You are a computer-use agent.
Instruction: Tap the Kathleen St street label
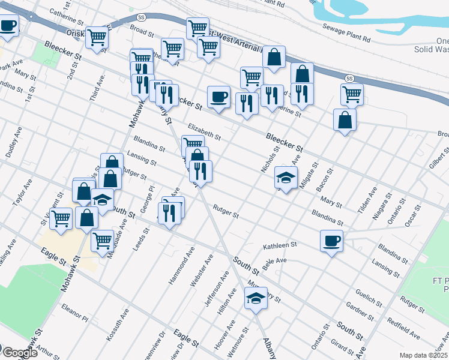click(x=280, y=246)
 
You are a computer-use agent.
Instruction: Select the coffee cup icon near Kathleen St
click(x=331, y=241)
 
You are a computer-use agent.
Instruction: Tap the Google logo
click(x=19, y=353)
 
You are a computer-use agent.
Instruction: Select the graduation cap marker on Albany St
click(x=256, y=298)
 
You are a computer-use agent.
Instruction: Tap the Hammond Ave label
click(x=182, y=265)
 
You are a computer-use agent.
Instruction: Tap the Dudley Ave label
click(x=14, y=142)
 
